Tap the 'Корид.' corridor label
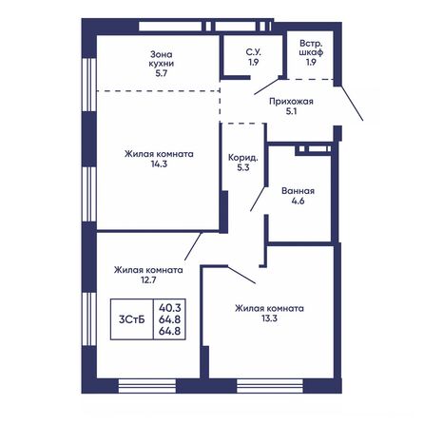241,158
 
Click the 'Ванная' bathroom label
299,190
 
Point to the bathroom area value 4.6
299,203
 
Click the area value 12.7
147,282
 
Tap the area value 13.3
271,321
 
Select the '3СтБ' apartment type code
130,320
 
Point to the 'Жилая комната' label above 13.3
271,308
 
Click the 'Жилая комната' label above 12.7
147,269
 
